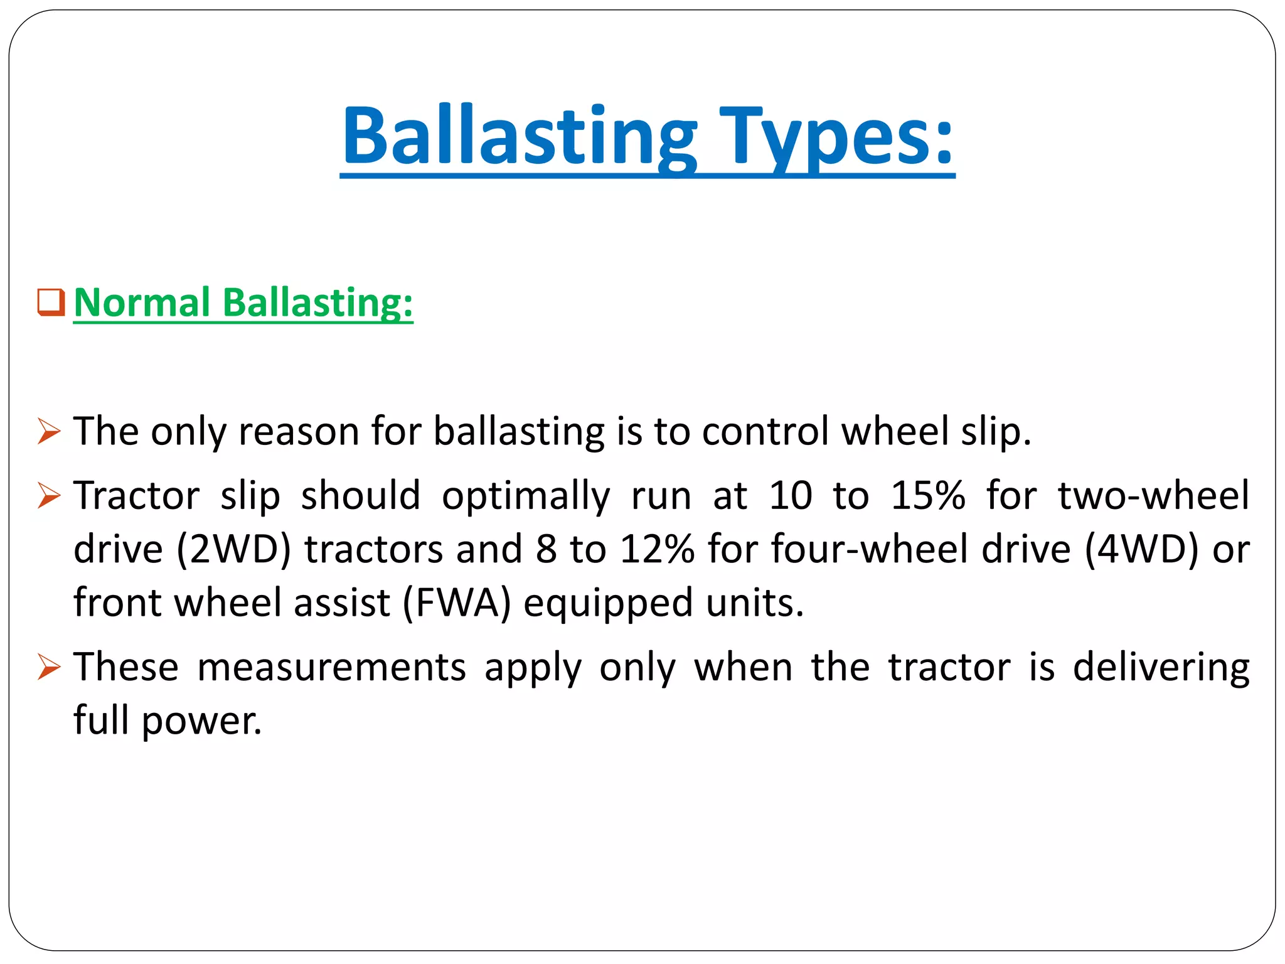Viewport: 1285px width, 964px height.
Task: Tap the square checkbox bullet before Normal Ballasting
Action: tap(51, 303)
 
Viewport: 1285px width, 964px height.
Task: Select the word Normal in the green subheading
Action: tap(142, 303)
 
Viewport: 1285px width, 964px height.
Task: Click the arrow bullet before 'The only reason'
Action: tap(49, 432)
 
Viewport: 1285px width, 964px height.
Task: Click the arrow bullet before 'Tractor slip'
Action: tap(49, 496)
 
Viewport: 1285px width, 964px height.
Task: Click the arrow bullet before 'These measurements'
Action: tap(49, 667)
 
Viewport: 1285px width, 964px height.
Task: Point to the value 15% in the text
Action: tap(927, 496)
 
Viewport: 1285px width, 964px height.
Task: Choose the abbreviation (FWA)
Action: tap(457, 602)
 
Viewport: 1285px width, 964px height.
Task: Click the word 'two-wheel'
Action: tap(1153, 496)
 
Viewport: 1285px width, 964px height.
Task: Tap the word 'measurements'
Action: tap(332, 667)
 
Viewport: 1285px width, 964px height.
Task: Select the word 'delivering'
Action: tap(1161, 668)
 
